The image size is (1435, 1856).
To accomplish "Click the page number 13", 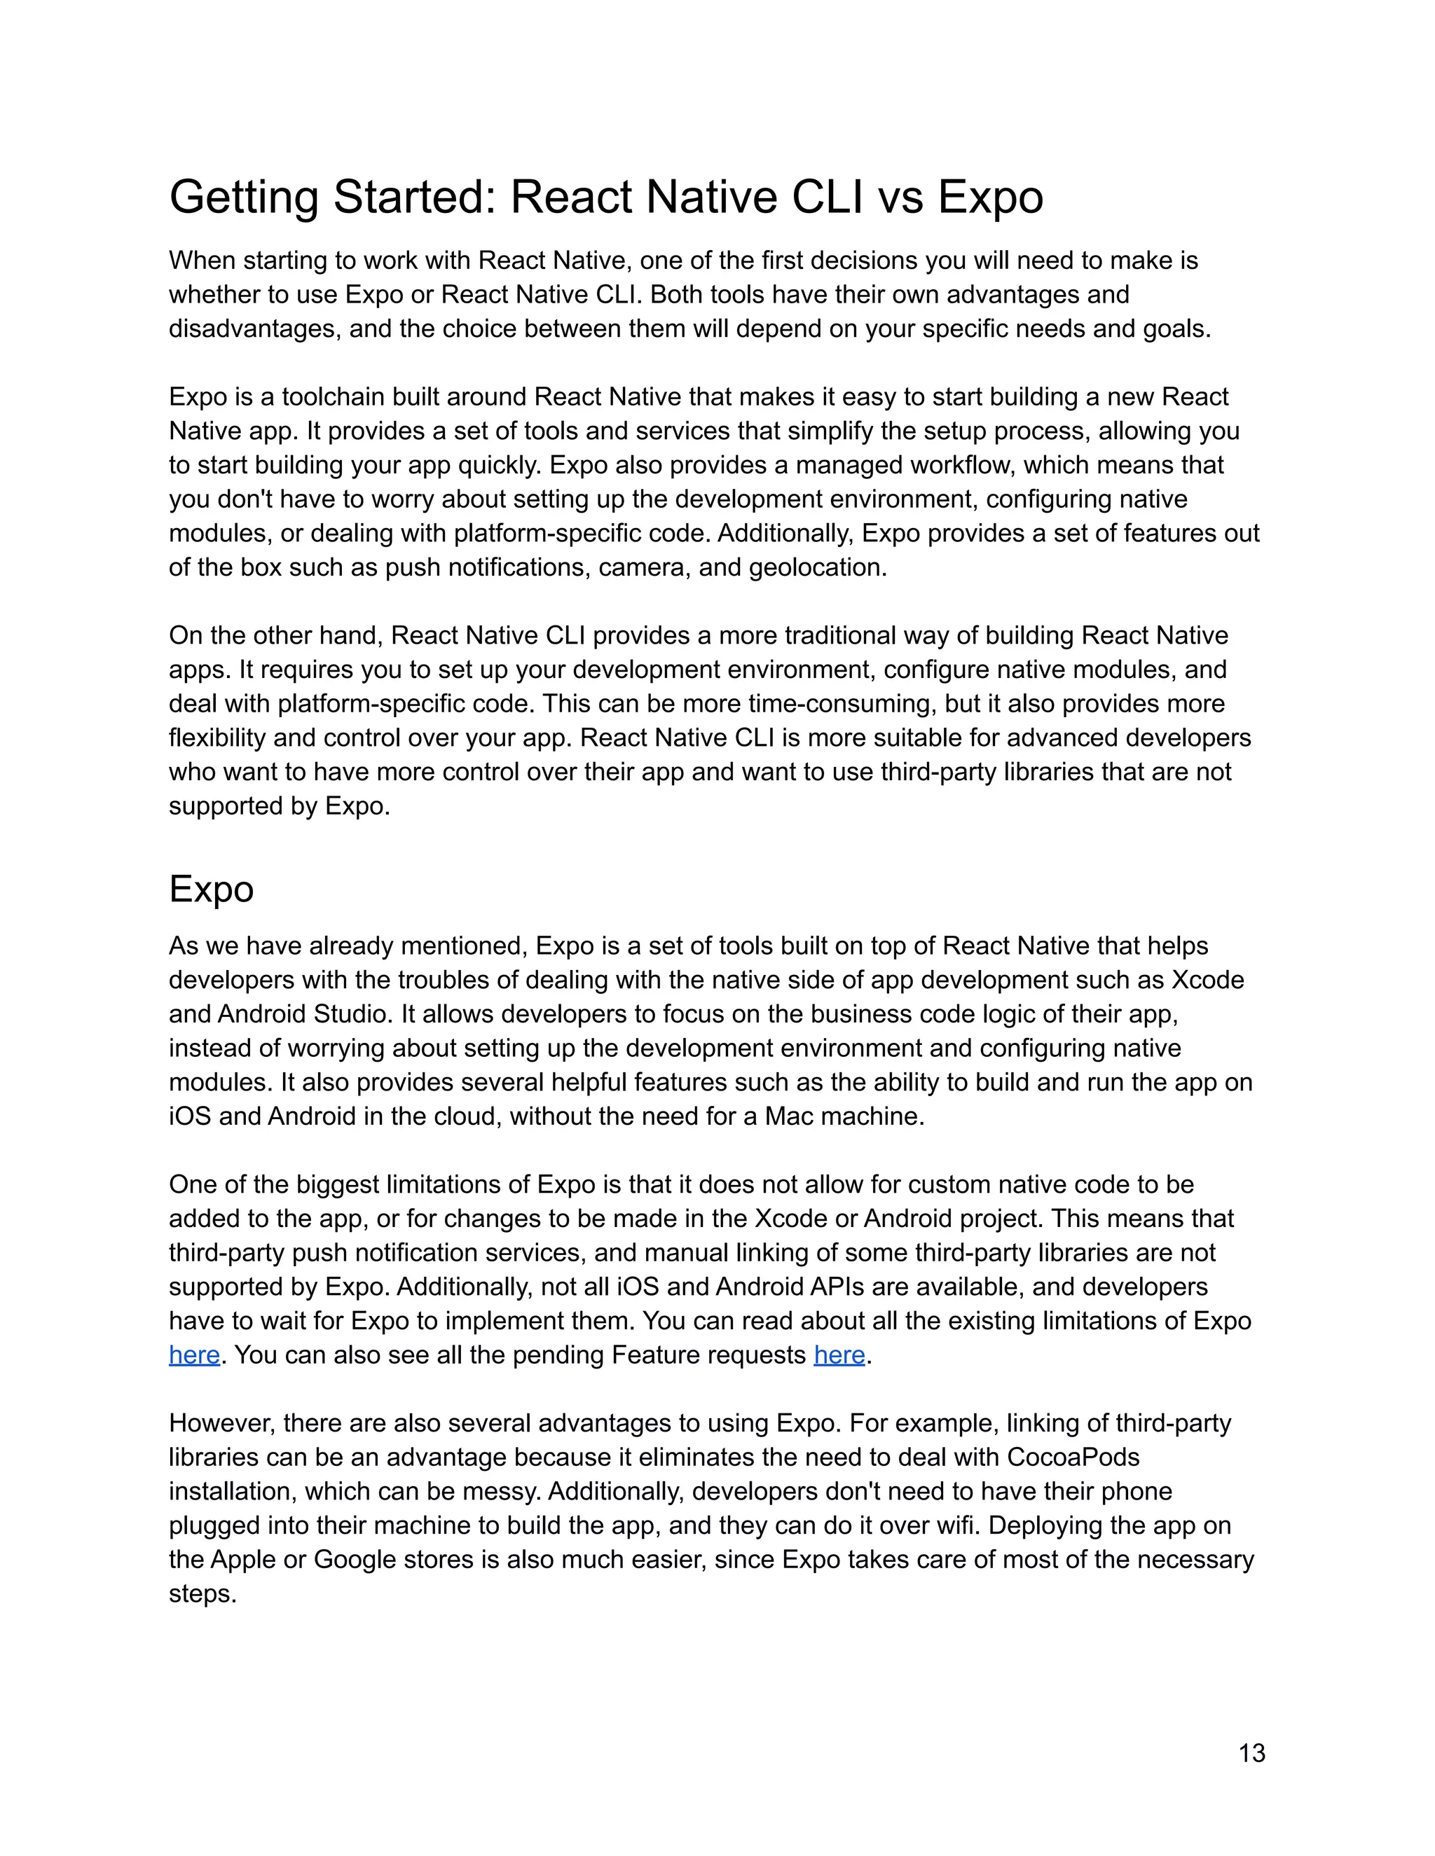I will coord(1251,1753).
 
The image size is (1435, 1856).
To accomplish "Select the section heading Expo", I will coord(211,889).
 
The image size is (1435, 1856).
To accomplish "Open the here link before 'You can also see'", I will coord(194,1355).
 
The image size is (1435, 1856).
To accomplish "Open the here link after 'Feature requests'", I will coord(839,1355).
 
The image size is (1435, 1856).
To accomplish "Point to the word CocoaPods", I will coord(1073,1457).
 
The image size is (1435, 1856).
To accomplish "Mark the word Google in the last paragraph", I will coord(352,1560).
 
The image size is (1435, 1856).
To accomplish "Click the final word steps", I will coord(202,1593).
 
